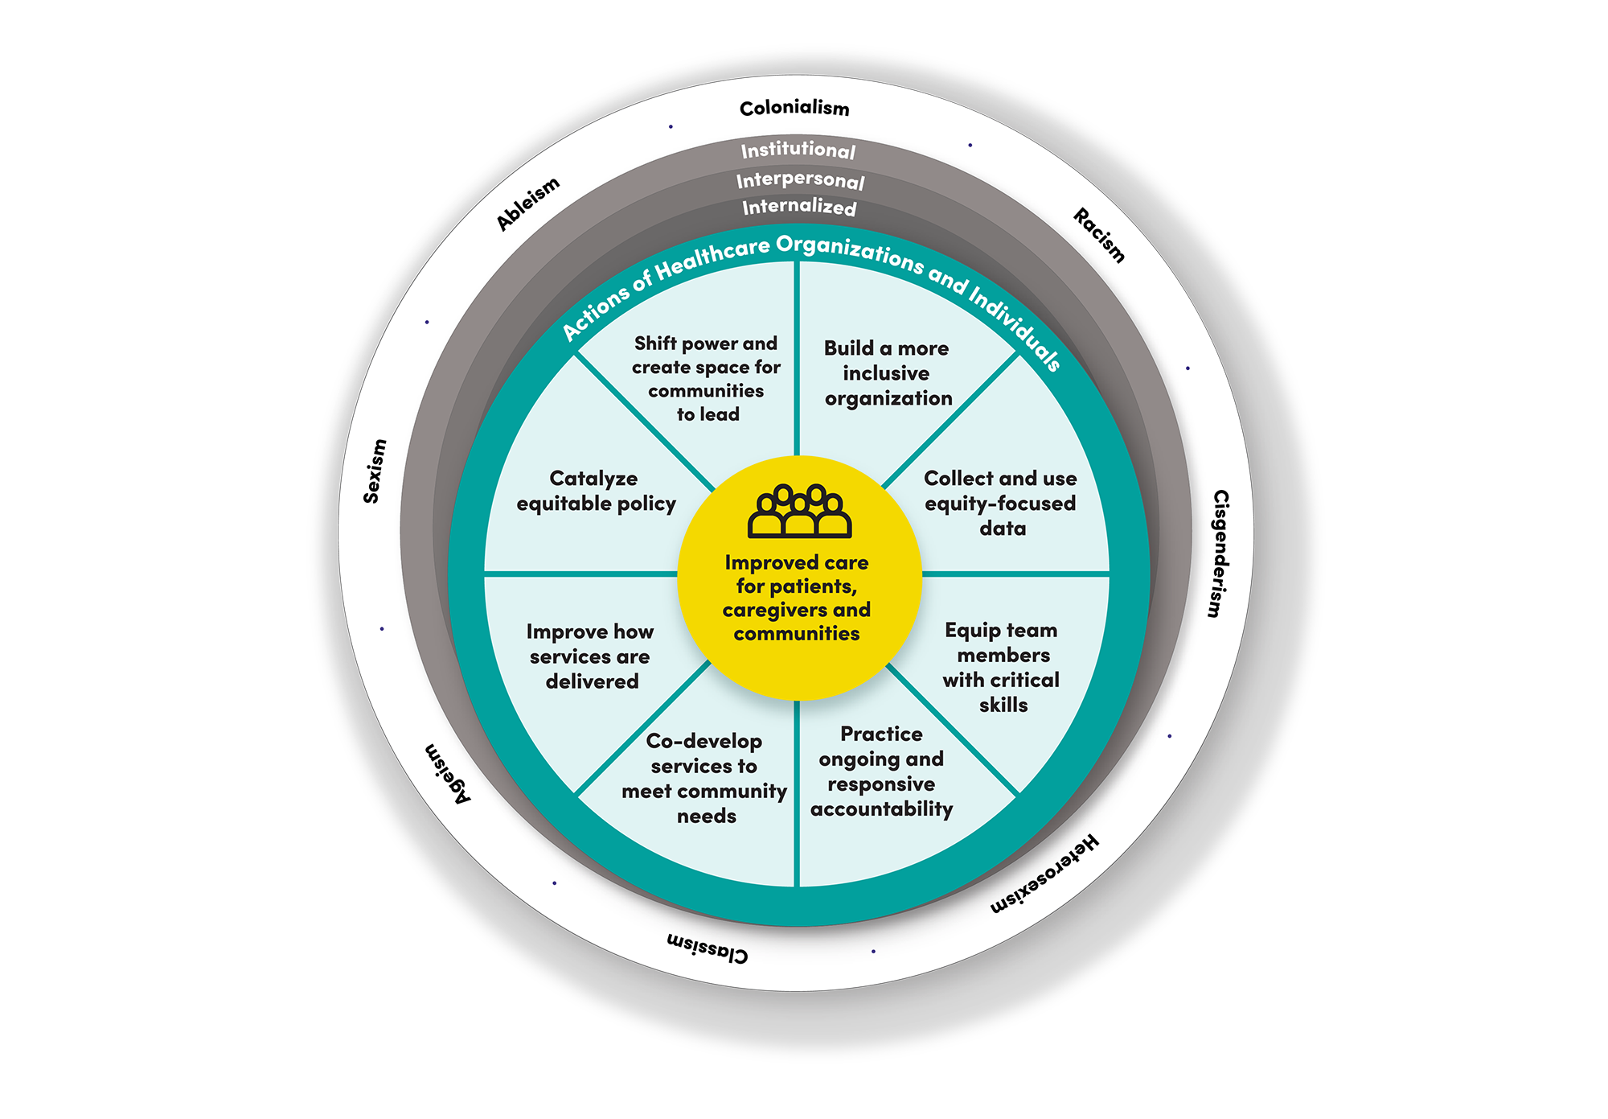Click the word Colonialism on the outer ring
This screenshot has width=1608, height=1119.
[794, 108]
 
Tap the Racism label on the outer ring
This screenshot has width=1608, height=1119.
[1100, 235]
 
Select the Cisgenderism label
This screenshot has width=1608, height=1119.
[1220, 553]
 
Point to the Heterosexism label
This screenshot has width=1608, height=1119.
[1044, 874]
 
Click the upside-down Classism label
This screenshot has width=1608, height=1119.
[708, 948]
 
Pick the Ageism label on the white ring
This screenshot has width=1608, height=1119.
[448, 773]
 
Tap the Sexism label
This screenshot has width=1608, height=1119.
[375, 471]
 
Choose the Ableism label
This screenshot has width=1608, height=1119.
[527, 204]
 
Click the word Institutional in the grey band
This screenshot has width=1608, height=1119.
[798, 150]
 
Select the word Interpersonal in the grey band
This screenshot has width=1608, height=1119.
[801, 179]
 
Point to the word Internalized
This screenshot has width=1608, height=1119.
[799, 207]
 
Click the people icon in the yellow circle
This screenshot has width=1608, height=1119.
[799, 512]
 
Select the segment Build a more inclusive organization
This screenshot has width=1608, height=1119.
[888, 373]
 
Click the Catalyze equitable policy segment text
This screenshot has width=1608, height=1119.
[596, 491]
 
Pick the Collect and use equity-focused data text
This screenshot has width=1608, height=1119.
[1001, 503]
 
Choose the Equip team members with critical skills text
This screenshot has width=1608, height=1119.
[1002, 667]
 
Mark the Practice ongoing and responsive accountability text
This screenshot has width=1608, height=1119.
[881, 771]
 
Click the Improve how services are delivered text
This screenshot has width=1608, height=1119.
[590, 656]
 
